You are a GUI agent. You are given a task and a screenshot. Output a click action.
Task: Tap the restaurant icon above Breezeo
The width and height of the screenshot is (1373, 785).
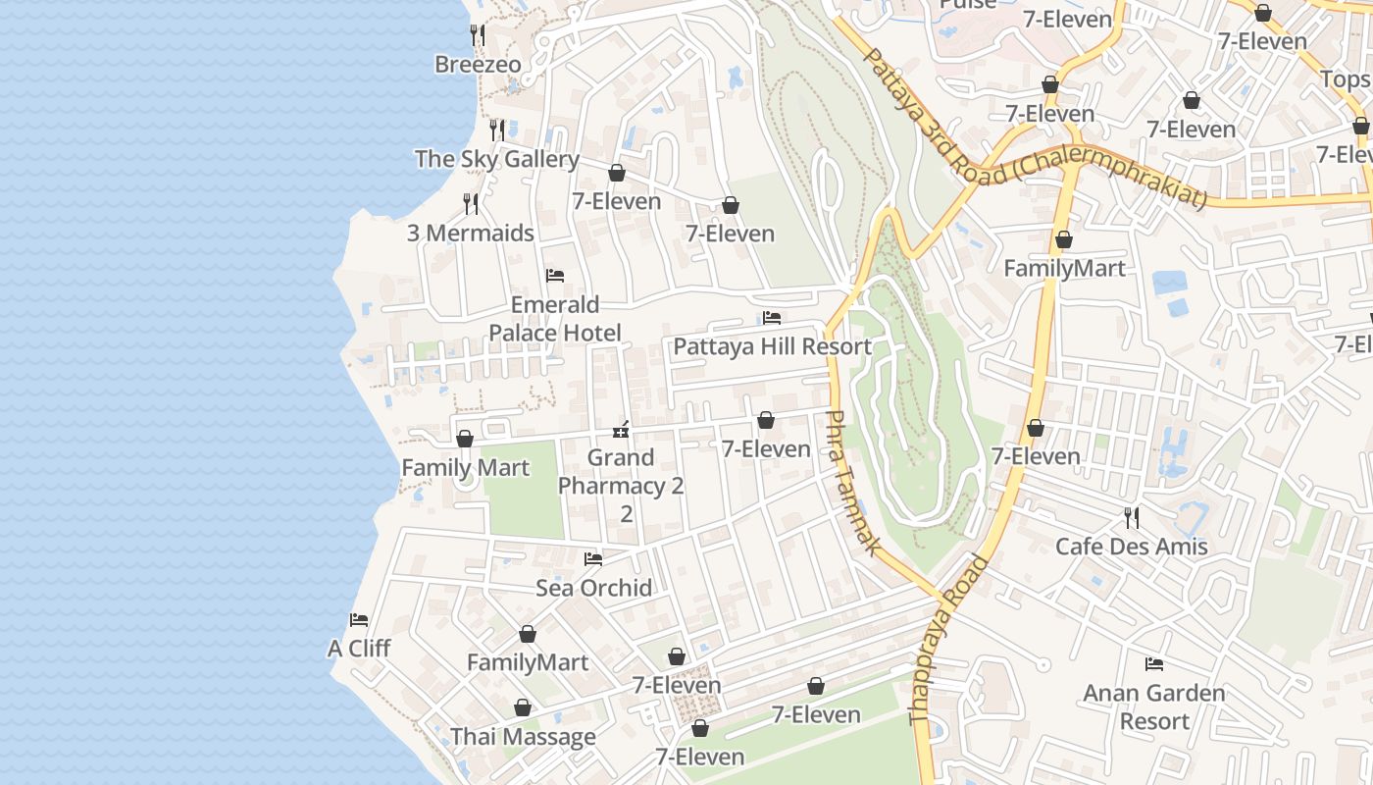pos(478,35)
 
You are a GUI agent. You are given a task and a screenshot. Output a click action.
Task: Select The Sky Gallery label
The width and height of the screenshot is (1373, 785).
pos(496,159)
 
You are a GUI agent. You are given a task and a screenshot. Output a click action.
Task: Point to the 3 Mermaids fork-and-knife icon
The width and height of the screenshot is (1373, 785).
pos(472,204)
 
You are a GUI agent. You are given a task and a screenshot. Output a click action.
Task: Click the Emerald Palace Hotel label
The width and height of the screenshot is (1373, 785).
pos(555,319)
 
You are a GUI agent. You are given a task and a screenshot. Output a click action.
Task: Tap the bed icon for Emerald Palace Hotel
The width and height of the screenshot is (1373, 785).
pos(555,276)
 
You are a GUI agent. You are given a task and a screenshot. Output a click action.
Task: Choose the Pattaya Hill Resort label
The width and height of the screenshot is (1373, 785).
pos(772,346)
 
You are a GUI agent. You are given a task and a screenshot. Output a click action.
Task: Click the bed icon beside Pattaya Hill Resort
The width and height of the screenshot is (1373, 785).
pos(772,318)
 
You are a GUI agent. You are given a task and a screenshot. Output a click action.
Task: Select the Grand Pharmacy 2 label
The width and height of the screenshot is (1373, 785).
pos(621,472)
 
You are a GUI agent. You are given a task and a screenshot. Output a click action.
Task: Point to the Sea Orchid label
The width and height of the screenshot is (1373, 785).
pos(593,588)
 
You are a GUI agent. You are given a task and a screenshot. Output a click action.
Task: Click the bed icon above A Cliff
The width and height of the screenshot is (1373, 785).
pos(359,620)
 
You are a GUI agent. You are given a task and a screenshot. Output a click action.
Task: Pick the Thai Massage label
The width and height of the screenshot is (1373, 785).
pos(523,737)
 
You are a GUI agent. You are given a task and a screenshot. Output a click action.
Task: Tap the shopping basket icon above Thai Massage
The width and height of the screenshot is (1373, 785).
pos(523,707)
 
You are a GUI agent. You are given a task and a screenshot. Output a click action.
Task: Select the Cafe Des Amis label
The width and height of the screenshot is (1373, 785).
pos(1131,547)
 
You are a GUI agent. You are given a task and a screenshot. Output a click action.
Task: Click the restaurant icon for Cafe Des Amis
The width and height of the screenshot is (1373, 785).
pos(1131,517)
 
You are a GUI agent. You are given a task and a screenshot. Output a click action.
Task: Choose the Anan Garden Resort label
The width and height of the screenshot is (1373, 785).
pos(1154,706)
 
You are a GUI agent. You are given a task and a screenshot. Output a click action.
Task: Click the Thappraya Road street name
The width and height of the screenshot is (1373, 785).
pos(949,654)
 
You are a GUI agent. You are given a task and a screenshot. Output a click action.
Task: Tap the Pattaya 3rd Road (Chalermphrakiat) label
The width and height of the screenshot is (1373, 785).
pos(1033,129)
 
